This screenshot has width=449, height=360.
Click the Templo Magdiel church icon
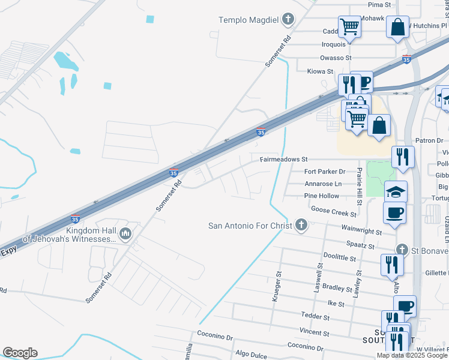(x=288, y=20)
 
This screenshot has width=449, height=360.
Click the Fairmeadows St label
(x=283, y=160)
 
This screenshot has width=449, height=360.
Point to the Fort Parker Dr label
(x=325, y=172)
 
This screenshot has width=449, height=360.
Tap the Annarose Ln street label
(x=323, y=184)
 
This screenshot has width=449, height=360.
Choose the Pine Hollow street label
(x=322, y=196)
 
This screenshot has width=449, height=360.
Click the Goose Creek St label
(x=332, y=209)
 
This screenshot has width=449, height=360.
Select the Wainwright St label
(x=361, y=230)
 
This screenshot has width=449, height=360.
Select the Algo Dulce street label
(x=251, y=355)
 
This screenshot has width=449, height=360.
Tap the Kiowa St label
(x=320, y=71)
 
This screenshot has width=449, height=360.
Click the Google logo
(x=20, y=353)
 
